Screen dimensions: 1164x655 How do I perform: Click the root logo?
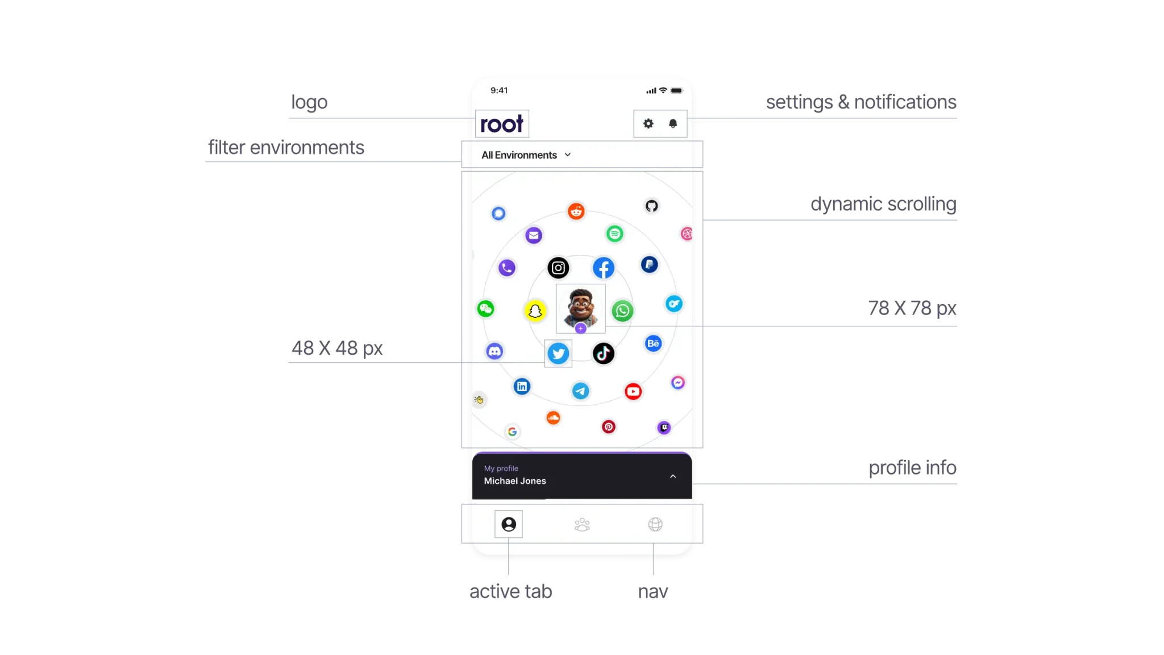(501, 124)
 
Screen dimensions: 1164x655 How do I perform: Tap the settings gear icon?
(648, 123)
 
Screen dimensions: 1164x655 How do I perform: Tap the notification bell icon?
(673, 123)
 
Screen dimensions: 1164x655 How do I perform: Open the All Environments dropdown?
(526, 155)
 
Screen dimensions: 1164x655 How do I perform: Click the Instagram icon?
(558, 268)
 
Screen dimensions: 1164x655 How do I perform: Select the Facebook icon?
(604, 268)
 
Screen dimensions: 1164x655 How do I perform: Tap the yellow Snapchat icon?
(535, 311)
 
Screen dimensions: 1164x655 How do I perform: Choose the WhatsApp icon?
(622, 311)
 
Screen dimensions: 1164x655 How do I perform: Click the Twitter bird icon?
(558, 354)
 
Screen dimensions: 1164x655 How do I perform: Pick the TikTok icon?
(604, 354)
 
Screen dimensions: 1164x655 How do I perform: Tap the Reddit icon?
(576, 212)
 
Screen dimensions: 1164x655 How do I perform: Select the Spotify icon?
(614, 234)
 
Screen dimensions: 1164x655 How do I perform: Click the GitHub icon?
(652, 206)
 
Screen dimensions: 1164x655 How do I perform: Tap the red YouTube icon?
(633, 391)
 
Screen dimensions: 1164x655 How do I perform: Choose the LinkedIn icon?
(522, 387)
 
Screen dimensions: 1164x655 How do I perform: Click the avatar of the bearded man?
(580, 308)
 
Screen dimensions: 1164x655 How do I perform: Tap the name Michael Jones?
(515, 481)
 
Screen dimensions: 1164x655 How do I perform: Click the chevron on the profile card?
(673, 476)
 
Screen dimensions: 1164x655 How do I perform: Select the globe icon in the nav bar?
(655, 524)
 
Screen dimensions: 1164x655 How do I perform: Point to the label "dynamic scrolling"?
(883, 204)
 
